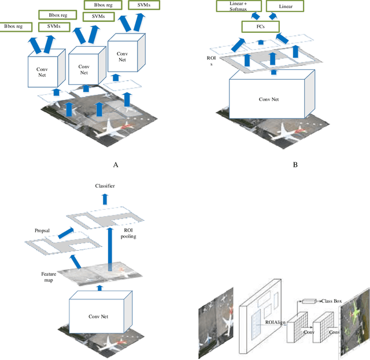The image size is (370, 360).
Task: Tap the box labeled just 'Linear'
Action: [293, 7]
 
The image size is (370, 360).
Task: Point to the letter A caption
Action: [115, 165]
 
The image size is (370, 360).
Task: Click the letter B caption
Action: [295, 165]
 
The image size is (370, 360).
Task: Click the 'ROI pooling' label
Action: [129, 233]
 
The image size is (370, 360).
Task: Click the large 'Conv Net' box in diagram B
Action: [272, 99]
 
